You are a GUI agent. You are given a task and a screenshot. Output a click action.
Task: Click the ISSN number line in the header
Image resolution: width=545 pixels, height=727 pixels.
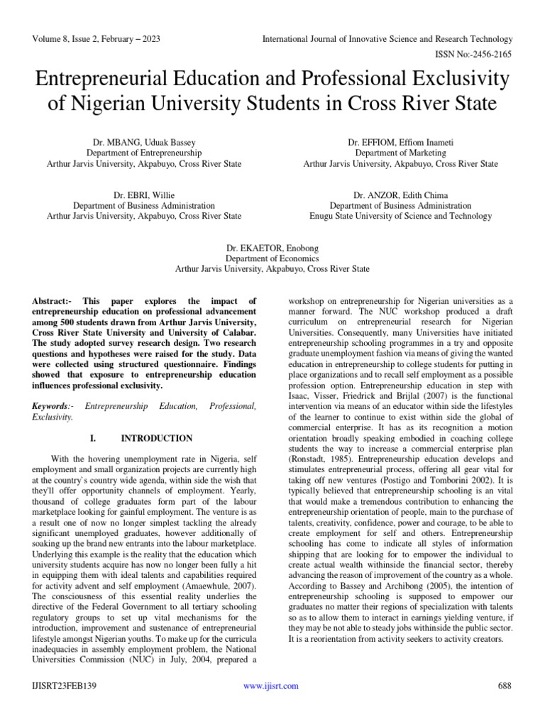pos(473,54)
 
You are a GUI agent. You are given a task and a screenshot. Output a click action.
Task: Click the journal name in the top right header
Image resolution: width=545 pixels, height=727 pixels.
pos(387,39)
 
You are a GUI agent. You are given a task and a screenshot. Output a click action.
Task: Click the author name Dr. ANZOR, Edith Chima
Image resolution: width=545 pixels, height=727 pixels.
pos(400,194)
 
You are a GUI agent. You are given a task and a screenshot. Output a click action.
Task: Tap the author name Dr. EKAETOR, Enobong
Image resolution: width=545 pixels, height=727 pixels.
pos(272,247)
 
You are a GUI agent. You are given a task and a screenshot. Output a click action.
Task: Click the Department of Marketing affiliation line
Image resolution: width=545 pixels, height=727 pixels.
pos(400,153)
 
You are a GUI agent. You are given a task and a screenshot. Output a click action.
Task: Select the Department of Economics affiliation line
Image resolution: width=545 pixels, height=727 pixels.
pos(272,258)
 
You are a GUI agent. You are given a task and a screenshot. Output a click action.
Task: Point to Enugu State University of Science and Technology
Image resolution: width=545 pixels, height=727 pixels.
pos(400,216)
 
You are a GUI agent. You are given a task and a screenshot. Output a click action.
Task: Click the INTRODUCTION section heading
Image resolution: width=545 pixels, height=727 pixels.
pos(156,438)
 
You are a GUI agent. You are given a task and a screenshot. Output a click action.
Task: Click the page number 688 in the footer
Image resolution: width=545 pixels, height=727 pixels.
pos(505,686)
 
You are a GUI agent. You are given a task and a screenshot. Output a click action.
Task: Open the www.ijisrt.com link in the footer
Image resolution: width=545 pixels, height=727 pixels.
pos(271,686)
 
